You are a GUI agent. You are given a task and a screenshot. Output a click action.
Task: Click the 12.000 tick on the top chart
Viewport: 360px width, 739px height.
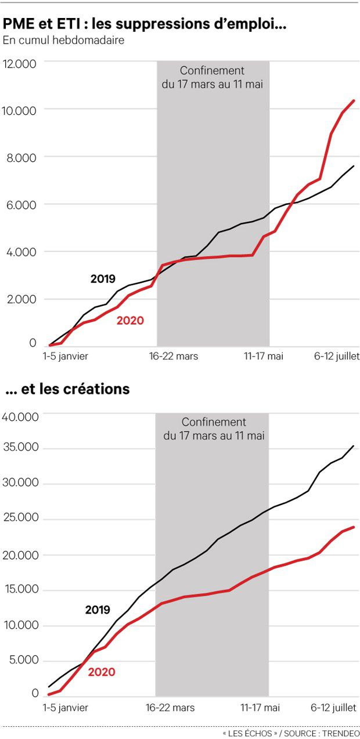click(20, 63)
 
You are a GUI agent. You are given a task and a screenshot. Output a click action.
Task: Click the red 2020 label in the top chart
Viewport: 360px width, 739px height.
click(130, 320)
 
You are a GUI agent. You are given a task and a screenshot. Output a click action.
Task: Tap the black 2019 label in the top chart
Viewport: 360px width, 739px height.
click(103, 279)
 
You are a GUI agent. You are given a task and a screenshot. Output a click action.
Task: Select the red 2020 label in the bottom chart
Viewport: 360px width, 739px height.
click(102, 672)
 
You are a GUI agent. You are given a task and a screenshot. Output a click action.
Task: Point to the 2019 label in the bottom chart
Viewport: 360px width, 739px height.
click(98, 610)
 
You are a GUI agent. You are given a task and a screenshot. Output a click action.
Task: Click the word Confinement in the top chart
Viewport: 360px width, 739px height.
click(212, 71)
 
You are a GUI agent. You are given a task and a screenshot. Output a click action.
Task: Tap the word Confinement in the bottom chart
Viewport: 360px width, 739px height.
click(214, 422)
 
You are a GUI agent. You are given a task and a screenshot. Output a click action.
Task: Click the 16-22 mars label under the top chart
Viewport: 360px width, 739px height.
click(172, 356)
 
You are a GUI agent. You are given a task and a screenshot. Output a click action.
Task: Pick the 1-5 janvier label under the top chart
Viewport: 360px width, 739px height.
click(66, 356)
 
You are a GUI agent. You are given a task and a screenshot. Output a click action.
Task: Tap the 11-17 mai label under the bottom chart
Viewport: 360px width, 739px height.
click(260, 708)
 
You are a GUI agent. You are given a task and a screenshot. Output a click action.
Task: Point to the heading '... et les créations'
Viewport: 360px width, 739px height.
click(67, 389)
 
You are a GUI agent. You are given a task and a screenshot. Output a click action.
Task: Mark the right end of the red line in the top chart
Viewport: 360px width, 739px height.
click(354, 100)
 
